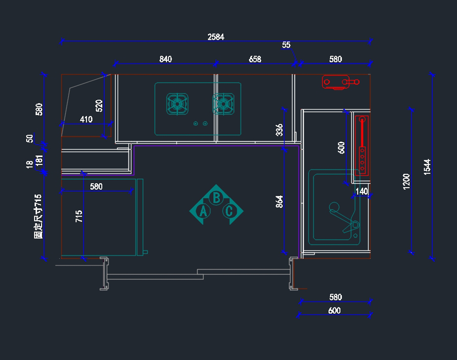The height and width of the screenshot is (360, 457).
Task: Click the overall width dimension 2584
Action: click(216, 37)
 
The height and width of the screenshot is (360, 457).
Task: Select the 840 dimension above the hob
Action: click(166, 59)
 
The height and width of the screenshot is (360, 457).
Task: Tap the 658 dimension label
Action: click(255, 59)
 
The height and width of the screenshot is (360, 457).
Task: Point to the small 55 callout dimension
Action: click(286, 45)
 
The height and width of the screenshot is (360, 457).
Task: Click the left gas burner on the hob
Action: click(177, 104)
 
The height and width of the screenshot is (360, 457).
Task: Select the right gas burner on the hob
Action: click(223, 104)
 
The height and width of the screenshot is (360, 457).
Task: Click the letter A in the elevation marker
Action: click(203, 211)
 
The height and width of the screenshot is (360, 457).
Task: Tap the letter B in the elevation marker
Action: click(216, 198)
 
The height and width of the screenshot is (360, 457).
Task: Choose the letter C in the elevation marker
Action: click(229, 211)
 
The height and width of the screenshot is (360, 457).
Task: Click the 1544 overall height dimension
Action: click(427, 167)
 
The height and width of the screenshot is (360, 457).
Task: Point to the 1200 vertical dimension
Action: click(406, 181)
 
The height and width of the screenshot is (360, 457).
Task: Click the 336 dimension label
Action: click(280, 130)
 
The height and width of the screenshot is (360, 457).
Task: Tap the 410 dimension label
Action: click(86, 119)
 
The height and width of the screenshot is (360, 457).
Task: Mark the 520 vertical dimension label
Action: click(99, 105)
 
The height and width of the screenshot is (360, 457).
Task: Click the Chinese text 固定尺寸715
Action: click(38, 216)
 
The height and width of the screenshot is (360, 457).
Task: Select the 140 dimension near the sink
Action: click(361, 191)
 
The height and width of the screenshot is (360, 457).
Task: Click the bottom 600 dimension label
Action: click(334, 311)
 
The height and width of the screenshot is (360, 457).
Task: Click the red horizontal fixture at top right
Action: click(340, 82)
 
